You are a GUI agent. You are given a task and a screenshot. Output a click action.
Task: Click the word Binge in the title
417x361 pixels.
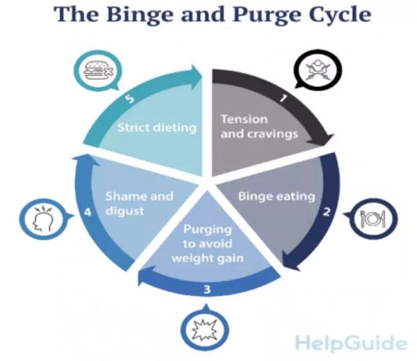coord(140,15)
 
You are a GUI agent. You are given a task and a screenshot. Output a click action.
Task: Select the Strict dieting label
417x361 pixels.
coord(157,128)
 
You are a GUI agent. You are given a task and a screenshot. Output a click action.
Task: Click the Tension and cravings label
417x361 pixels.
coord(259,127)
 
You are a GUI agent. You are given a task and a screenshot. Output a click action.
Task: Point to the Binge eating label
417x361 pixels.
coord(277,197)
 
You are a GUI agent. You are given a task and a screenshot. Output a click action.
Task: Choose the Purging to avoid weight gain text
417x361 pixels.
coord(207,243)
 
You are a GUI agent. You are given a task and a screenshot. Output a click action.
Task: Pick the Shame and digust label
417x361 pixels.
coord(140,203)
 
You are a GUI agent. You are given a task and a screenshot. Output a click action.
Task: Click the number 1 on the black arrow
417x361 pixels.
coord(284,98)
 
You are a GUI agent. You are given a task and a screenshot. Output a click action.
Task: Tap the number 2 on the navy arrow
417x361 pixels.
coord(327,212)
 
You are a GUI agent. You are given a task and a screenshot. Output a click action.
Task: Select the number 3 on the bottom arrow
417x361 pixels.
coord(207,289)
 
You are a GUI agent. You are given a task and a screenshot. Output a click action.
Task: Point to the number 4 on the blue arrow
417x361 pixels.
coord(88,212)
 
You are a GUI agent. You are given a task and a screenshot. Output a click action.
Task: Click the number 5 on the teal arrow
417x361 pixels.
coord(130,99)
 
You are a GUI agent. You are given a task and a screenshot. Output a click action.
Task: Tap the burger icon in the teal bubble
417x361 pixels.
coord(99,70)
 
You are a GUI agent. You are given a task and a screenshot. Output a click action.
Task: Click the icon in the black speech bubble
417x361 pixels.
coord(318,70)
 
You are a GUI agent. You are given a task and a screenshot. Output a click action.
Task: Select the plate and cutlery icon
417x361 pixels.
coord(373,219)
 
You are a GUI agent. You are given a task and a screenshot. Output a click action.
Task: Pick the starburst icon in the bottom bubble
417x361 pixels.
coord(205,330)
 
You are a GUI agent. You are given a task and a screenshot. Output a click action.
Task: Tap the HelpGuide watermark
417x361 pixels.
coord(351,342)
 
